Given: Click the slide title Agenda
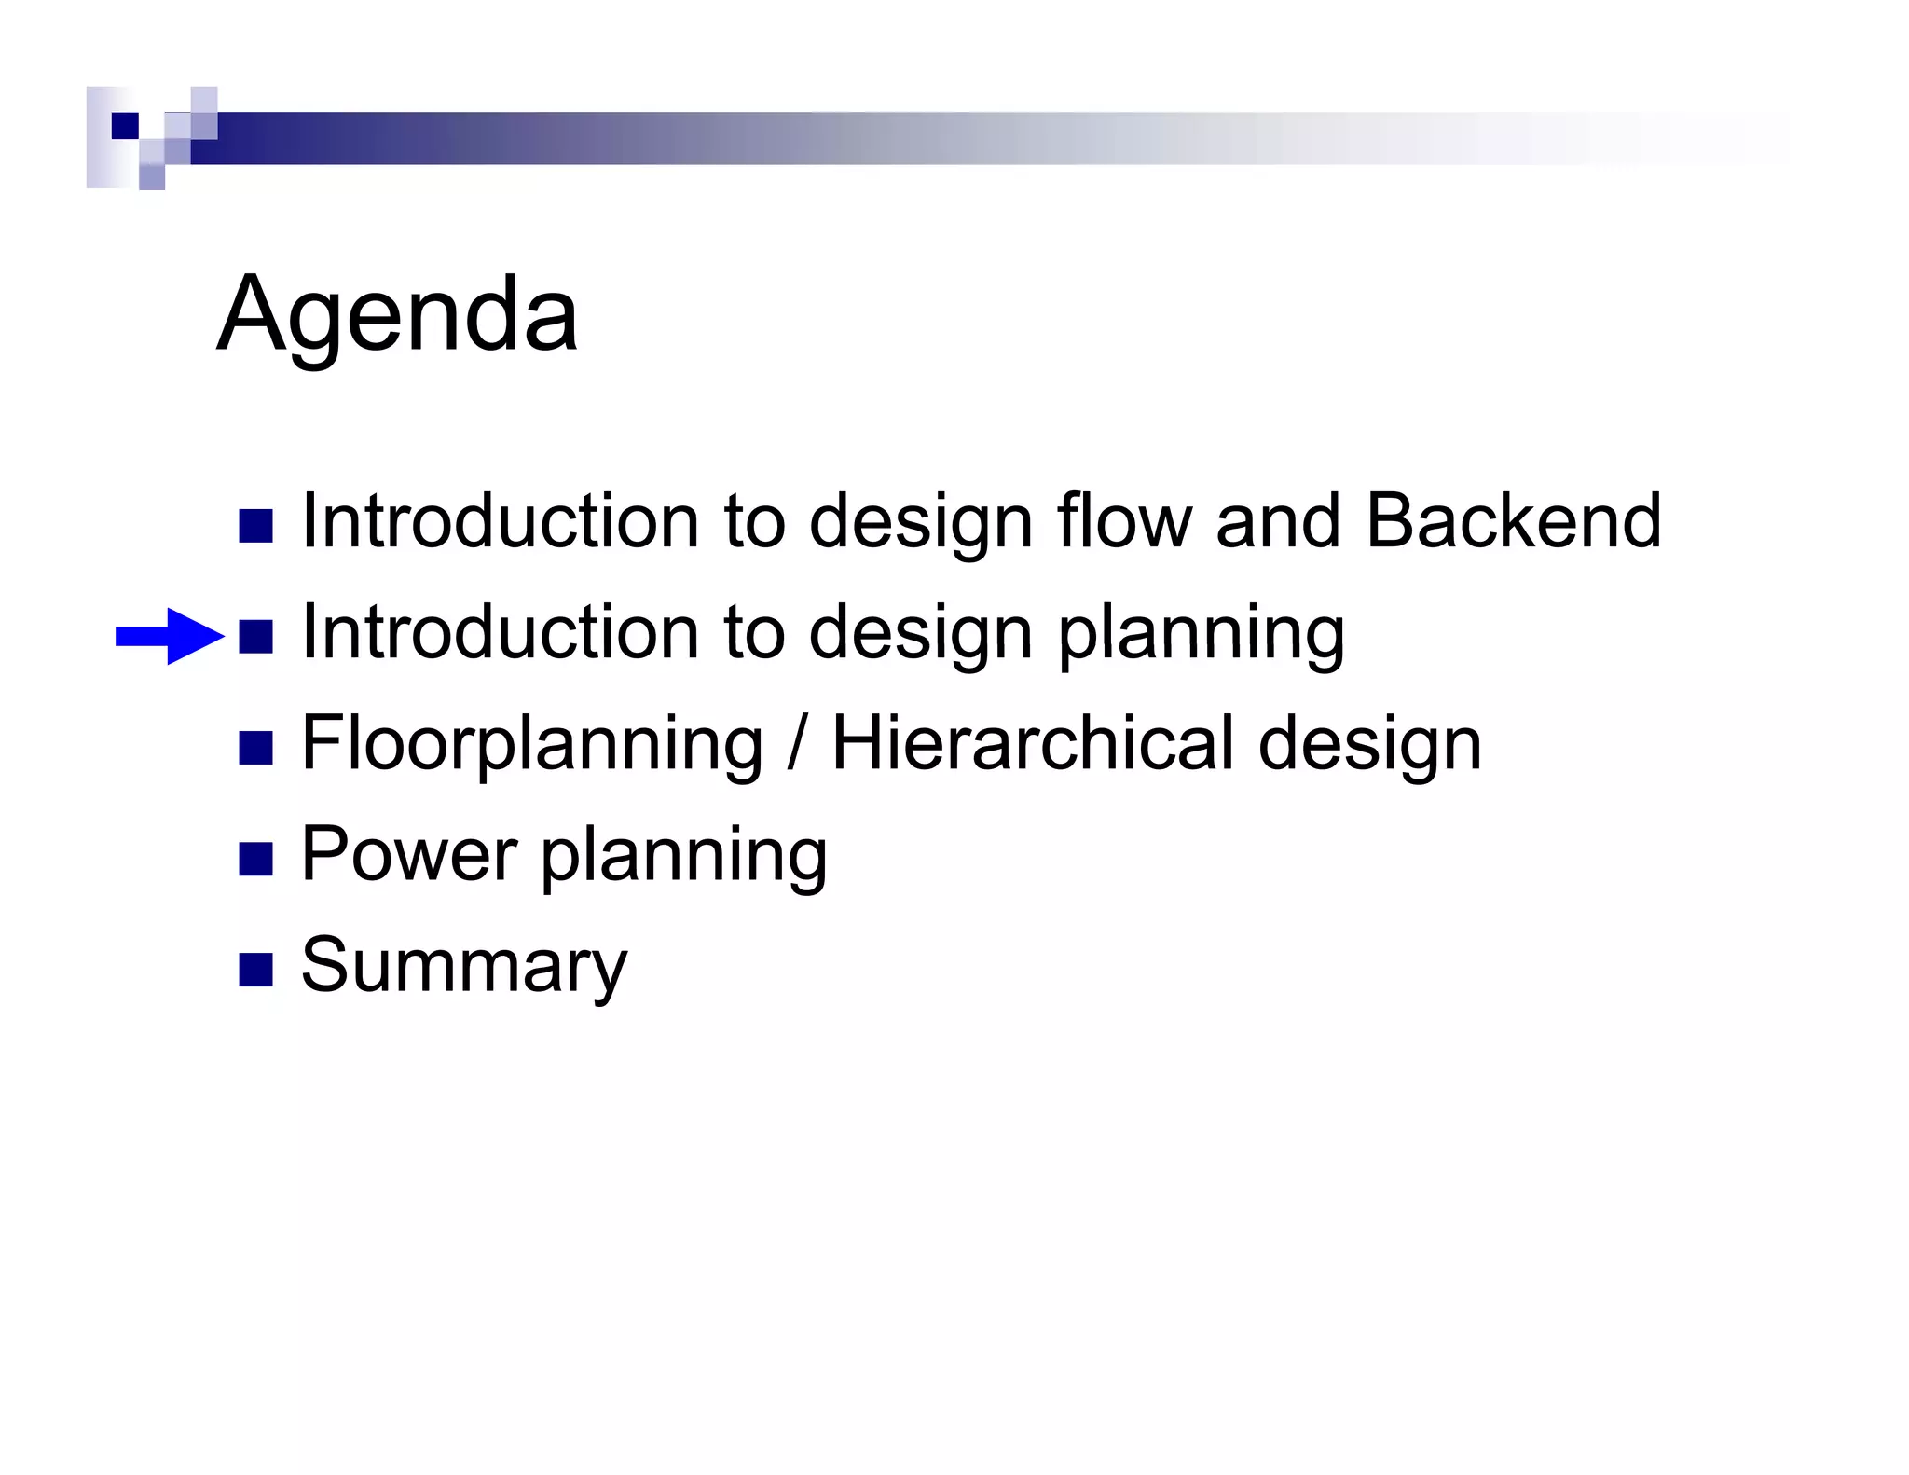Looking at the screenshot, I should pos(397,315).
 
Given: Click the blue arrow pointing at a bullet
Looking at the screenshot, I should pos(170,637).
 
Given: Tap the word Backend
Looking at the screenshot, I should pos(1512,520).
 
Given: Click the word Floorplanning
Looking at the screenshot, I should pos(531,744).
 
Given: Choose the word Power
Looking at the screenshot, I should pos(408,853).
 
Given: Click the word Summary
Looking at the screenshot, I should pos(464,966).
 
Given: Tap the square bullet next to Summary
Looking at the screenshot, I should pos(255,970).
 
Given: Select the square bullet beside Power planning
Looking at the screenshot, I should pos(255,859).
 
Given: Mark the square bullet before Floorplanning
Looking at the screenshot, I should pos(255,748).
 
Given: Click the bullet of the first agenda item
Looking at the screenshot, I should pos(255,526).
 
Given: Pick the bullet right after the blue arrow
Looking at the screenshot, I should pos(255,637).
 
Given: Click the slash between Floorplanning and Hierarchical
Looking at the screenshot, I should pos(796,742).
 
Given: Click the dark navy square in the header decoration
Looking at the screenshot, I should pos(125,125).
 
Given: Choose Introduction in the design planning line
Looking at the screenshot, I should pos(501,631).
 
